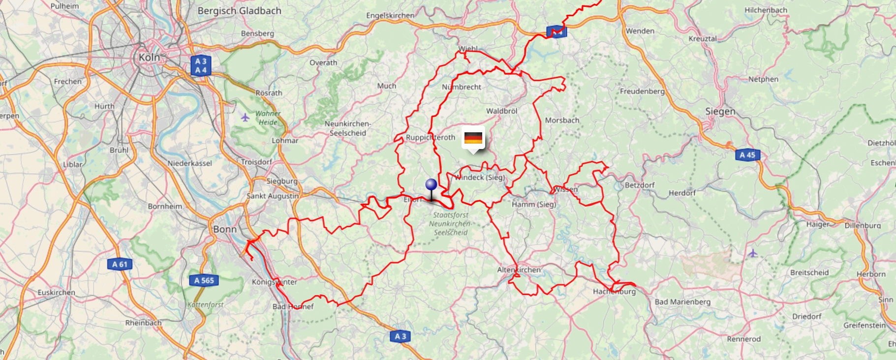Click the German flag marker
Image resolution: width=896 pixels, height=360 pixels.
[x=473, y=138]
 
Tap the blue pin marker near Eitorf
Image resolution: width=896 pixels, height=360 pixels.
[x=431, y=185]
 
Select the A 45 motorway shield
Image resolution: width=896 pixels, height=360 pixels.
[x=747, y=155]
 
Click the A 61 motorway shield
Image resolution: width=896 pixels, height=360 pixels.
[x=120, y=264]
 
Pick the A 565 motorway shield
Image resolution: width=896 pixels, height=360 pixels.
[x=204, y=280]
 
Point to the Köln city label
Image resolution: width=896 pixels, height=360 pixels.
[x=149, y=58]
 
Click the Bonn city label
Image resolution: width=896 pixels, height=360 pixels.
[x=225, y=229]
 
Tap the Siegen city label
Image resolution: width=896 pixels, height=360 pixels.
[x=720, y=112]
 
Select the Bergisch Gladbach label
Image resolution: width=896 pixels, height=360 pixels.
[x=239, y=11]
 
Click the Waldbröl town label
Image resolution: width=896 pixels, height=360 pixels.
[x=501, y=111]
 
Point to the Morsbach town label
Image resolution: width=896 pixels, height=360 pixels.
[x=562, y=120]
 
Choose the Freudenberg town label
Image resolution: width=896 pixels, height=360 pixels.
[x=642, y=91]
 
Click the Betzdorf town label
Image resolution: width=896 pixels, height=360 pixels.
[x=640, y=185]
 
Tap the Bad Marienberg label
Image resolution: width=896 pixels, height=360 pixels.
[x=682, y=302]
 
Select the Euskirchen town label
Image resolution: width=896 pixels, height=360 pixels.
[x=57, y=293]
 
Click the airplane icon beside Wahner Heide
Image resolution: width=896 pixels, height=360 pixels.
[x=245, y=117]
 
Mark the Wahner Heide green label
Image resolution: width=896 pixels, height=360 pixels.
[x=268, y=118]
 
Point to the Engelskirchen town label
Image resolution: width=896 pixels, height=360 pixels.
[x=390, y=16]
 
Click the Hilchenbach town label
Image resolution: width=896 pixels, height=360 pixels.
[x=766, y=10]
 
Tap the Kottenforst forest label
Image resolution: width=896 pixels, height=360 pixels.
[x=205, y=305]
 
